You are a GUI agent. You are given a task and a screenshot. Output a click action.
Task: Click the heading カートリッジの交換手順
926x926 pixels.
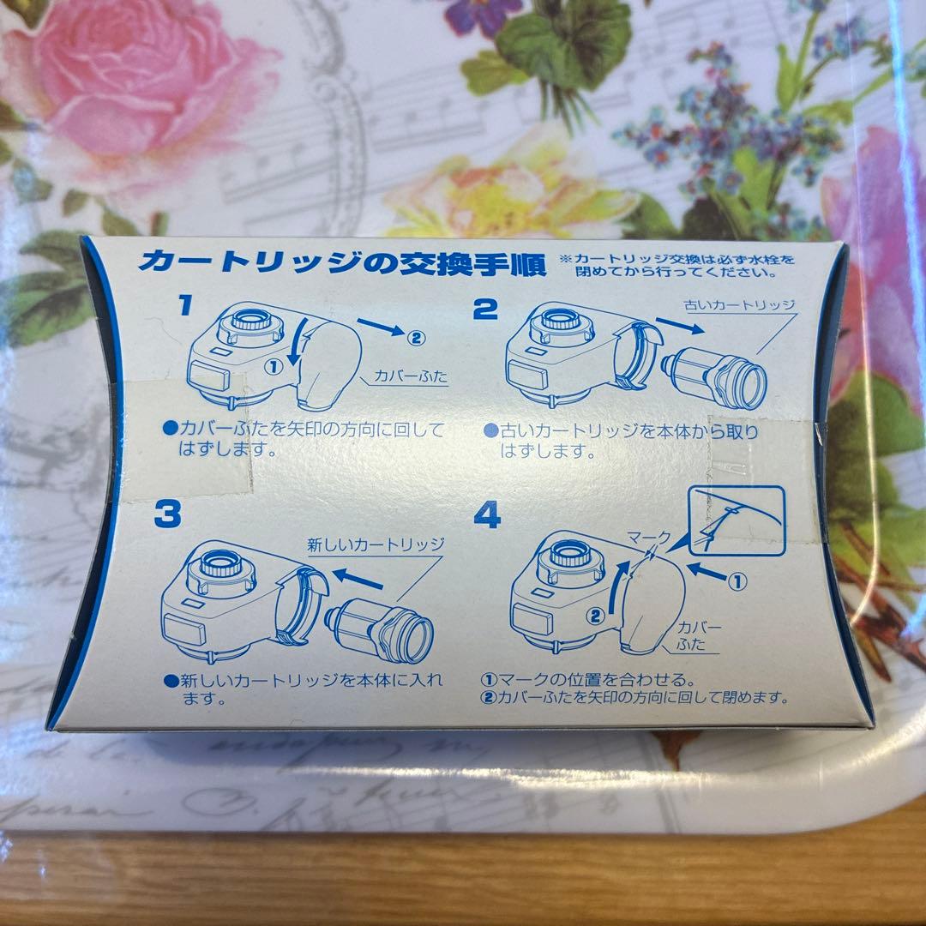point(342,262)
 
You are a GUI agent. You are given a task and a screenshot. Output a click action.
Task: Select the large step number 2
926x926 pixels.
point(485,309)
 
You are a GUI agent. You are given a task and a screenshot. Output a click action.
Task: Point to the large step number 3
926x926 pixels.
point(168,515)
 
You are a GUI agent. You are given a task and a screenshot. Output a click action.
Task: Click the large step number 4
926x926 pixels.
point(487,515)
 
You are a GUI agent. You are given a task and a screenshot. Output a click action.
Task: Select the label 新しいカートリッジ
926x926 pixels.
point(376,544)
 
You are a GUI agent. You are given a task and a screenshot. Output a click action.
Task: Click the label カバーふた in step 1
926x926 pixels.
point(411,376)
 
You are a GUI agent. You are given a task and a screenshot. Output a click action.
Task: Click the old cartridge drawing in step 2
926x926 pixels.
point(717,378)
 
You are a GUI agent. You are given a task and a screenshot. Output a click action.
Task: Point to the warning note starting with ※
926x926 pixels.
point(677,265)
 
